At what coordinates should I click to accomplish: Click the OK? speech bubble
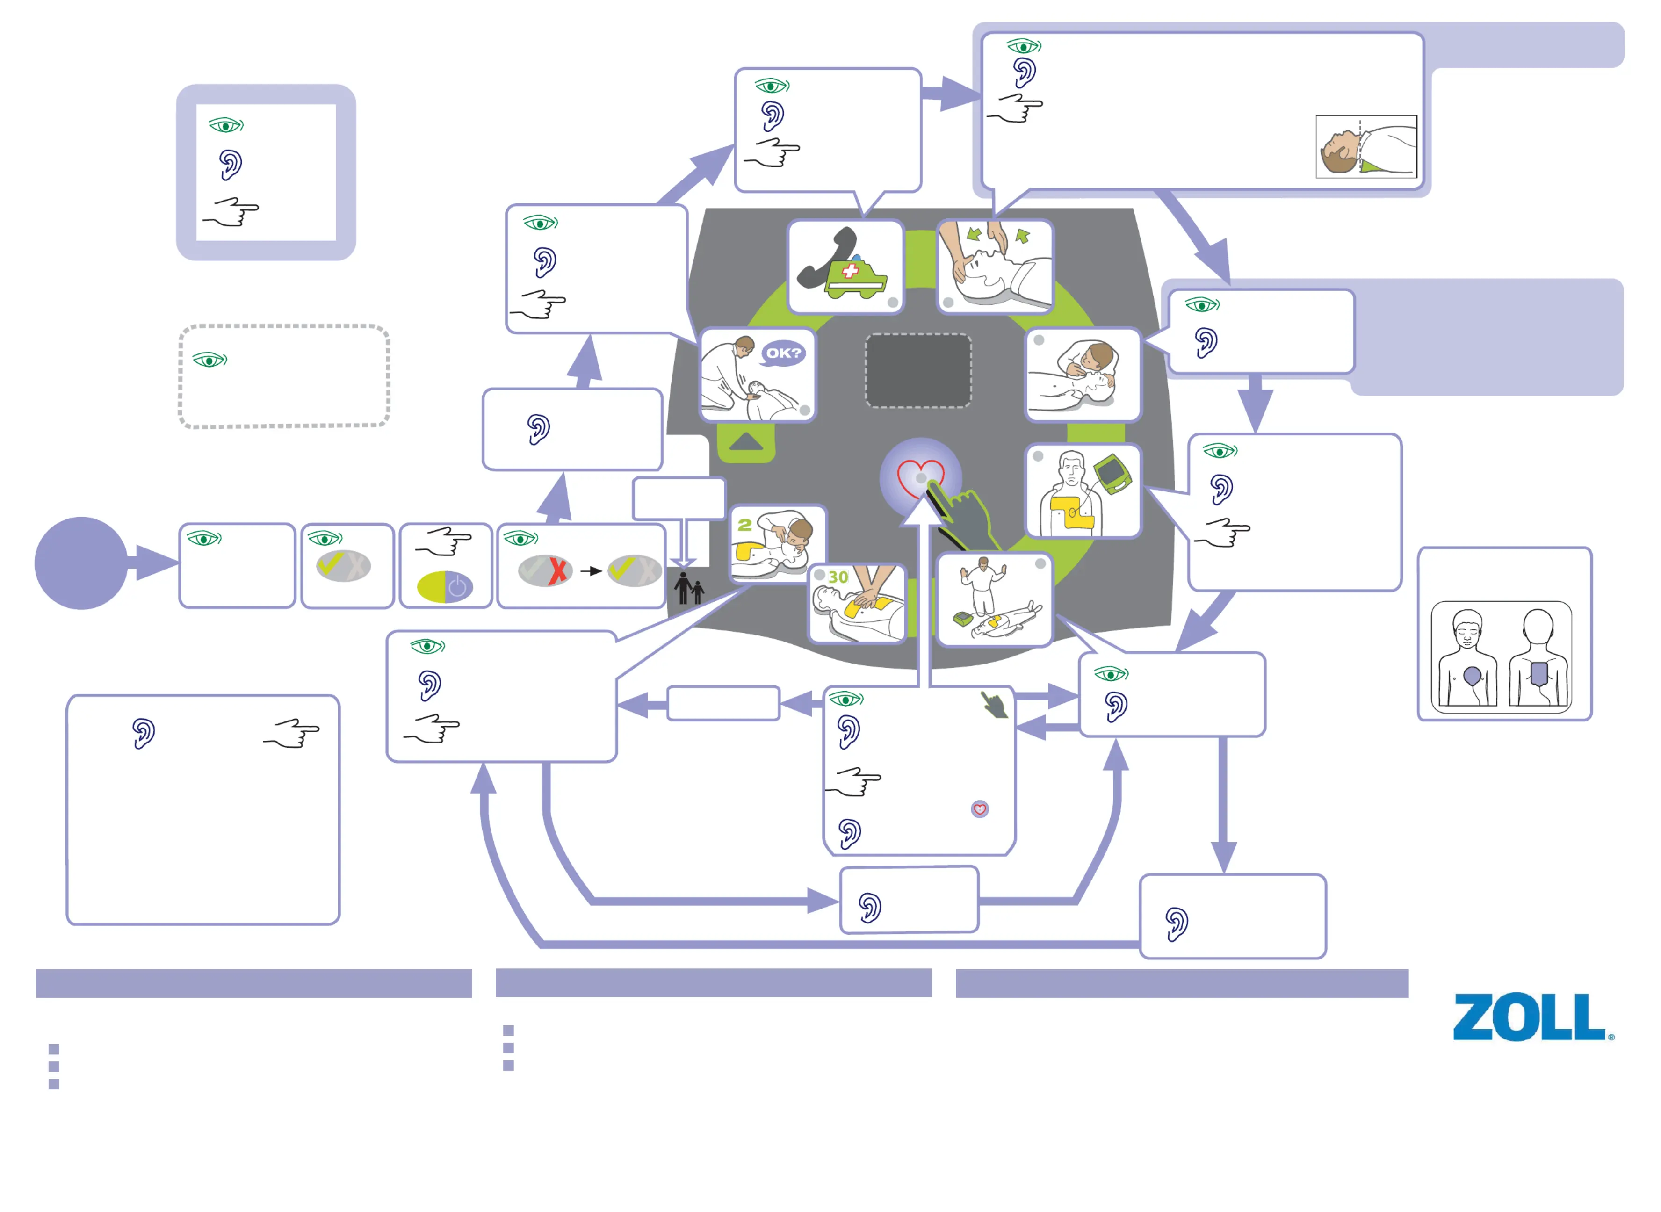click(x=784, y=353)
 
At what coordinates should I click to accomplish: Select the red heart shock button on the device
click(x=921, y=477)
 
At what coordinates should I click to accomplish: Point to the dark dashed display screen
click(x=918, y=370)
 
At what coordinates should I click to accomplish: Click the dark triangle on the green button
click(x=747, y=442)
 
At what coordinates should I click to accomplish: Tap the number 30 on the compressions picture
click(x=838, y=577)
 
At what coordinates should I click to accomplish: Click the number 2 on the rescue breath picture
click(x=744, y=525)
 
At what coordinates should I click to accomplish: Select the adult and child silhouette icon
click(x=689, y=588)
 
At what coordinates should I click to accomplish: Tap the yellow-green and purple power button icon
click(x=445, y=587)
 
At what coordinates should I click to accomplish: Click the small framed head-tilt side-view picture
click(x=1365, y=147)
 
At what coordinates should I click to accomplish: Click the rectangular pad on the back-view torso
click(x=1538, y=673)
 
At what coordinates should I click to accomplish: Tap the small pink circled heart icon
click(x=979, y=809)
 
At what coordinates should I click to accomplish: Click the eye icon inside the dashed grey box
click(x=210, y=360)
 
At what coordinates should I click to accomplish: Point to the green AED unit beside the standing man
click(x=1112, y=473)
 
